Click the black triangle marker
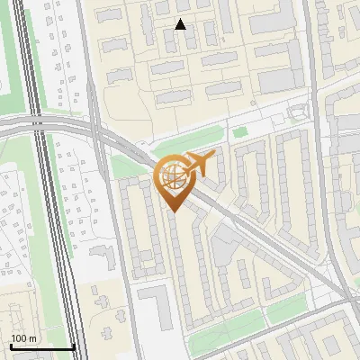180,24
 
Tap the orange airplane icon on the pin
199,164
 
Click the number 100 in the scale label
20,338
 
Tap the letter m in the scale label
33,338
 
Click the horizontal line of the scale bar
41,347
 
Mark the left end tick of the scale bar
10,346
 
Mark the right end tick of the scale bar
74,346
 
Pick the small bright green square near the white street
239,133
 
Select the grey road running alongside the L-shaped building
131,297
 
